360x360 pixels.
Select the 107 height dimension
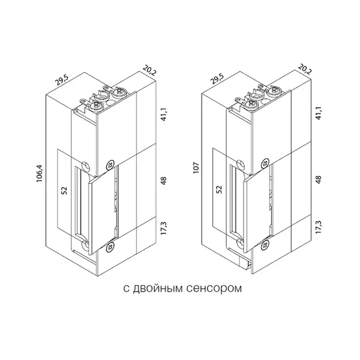[196, 167]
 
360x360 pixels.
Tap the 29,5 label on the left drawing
[62, 80]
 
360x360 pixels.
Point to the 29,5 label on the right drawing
[217, 78]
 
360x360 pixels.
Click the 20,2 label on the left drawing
[149, 70]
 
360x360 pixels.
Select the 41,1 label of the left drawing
[163, 114]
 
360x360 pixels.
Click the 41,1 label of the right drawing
[319, 113]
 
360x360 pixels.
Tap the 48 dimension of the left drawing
[163, 181]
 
